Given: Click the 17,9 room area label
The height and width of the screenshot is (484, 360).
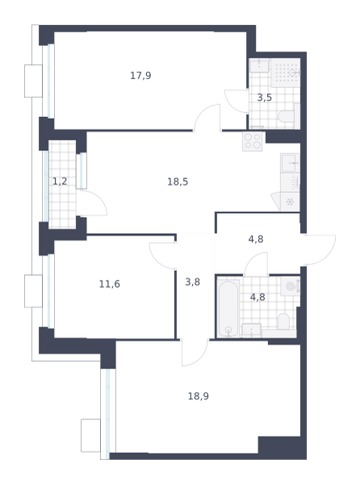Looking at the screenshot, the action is (140, 76).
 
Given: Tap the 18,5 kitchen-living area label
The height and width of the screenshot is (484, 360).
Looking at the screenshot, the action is (178, 181).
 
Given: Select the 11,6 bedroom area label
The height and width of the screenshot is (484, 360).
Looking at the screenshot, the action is (109, 284).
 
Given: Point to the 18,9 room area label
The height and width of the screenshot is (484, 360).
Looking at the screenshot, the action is (199, 396).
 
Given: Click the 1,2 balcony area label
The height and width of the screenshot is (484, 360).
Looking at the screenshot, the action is (60, 181).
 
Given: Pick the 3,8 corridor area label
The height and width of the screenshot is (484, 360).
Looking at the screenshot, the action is (192, 282).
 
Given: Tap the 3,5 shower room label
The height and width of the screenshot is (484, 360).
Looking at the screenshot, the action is (265, 98).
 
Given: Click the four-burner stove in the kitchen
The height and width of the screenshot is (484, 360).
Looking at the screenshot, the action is (253, 141).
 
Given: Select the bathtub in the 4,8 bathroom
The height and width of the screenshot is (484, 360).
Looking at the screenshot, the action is (228, 308).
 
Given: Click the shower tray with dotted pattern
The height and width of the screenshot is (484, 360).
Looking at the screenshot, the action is (286, 73).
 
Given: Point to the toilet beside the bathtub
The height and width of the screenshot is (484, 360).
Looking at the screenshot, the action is (283, 321).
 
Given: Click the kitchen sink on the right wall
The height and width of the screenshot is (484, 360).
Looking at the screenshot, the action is (290, 163).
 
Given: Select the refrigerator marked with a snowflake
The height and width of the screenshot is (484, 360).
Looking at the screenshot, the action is (290, 202).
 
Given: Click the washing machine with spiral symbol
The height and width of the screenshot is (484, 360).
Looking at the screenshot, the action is (291, 286).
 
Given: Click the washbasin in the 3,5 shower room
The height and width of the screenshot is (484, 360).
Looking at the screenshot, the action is (259, 66).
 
